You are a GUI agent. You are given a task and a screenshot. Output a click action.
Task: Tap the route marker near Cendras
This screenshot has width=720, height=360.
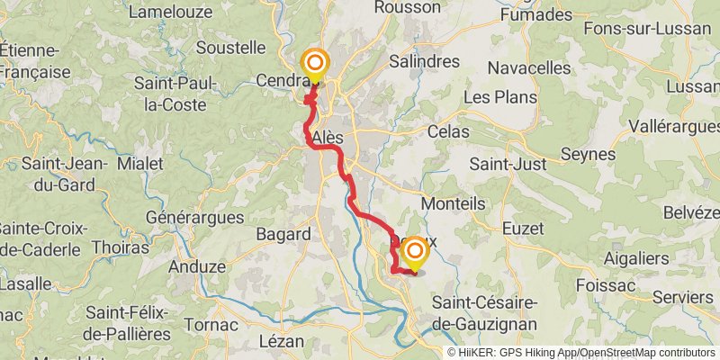(x=315, y=63)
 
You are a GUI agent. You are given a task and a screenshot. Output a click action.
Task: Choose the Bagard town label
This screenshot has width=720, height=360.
(x=283, y=234)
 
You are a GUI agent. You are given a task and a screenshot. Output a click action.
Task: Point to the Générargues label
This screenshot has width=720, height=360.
(x=194, y=218)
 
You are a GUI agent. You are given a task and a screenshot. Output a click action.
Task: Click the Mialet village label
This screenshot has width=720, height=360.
(x=139, y=164)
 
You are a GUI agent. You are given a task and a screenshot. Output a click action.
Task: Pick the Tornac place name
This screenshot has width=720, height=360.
(x=211, y=324)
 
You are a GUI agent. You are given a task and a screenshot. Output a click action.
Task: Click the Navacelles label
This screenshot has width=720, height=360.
(x=529, y=67)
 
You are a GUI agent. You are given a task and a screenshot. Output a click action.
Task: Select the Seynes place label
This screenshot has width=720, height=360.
(x=588, y=154)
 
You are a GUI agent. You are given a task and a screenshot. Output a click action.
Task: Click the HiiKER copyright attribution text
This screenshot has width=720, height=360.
(x=580, y=353)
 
